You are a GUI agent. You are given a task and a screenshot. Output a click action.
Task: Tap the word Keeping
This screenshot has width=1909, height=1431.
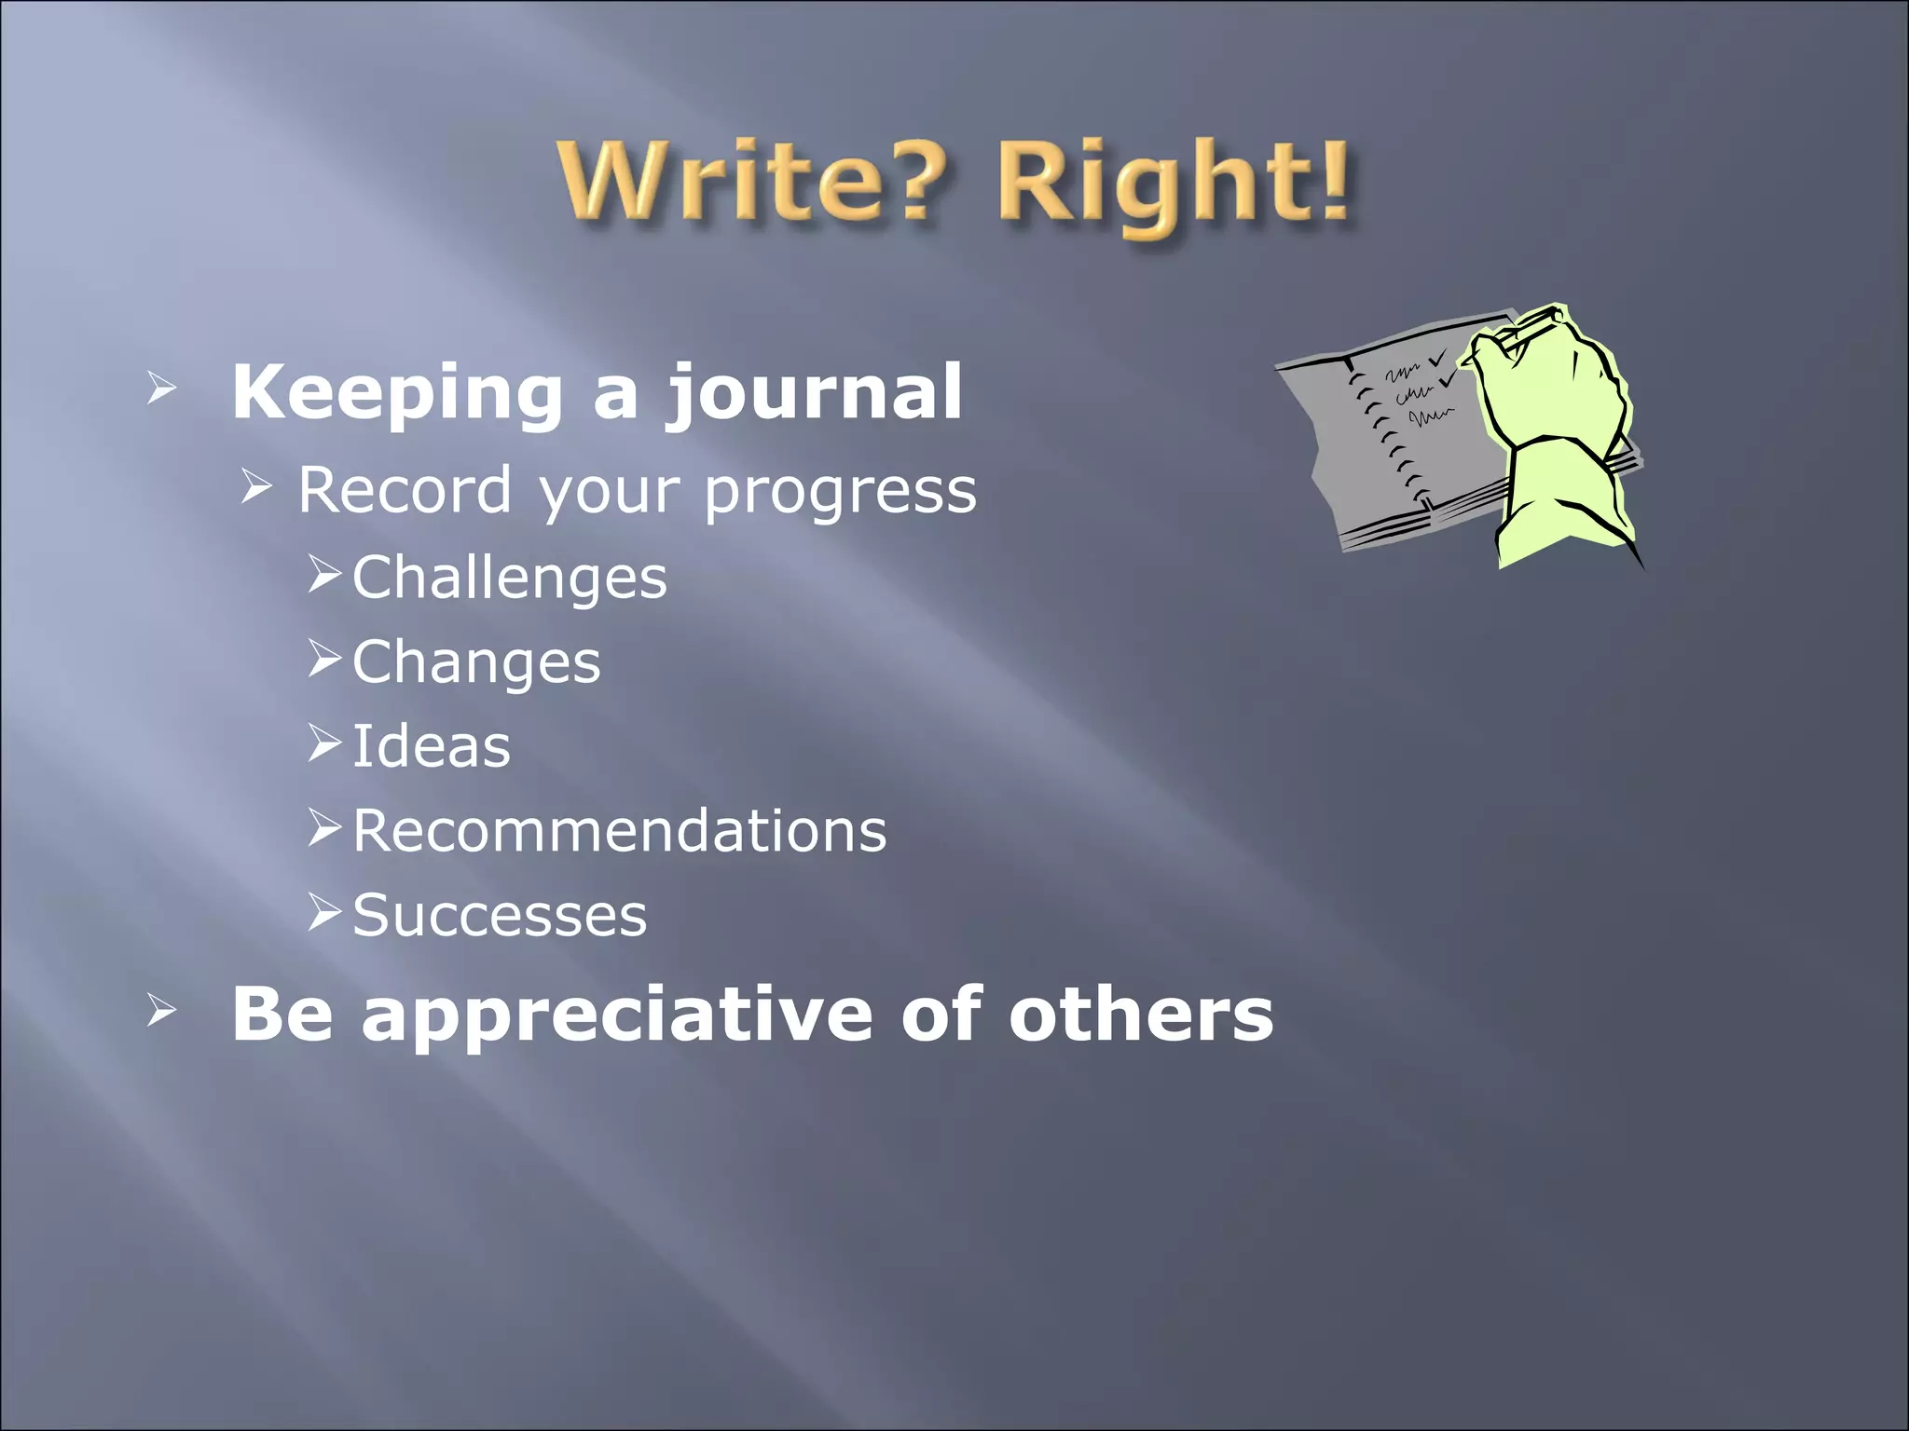pyautogui.click(x=397, y=393)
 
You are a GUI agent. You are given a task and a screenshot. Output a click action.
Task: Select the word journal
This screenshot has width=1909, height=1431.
pyautogui.click(x=813, y=393)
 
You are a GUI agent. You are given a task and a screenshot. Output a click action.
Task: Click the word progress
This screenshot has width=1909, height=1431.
pyautogui.click(x=840, y=492)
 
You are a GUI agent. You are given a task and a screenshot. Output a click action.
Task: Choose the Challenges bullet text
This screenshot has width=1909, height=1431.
pyautogui.click(x=509, y=578)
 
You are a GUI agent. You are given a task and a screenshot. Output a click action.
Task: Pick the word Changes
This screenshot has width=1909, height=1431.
pyautogui.click(x=476, y=662)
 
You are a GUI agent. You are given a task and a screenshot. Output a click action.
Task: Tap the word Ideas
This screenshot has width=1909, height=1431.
pyautogui.click(x=432, y=746)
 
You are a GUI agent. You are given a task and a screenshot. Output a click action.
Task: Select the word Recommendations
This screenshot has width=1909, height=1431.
pyautogui.click(x=619, y=831)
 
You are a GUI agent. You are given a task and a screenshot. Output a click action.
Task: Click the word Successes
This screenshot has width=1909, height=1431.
pyautogui.click(x=500, y=915)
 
